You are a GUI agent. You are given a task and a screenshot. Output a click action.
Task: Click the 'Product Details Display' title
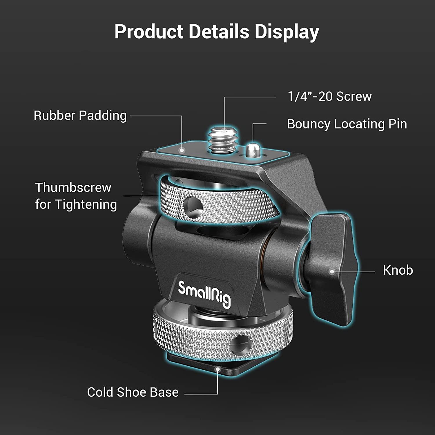(217, 31)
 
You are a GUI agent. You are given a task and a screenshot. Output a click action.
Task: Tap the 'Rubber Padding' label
(80, 115)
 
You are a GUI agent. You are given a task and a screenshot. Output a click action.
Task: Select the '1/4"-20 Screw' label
(329, 96)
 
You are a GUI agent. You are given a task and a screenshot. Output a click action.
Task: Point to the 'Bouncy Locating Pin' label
(347, 124)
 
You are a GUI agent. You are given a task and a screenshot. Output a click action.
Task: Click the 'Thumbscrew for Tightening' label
(76, 196)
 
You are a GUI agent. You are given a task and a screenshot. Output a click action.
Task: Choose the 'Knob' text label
(398, 270)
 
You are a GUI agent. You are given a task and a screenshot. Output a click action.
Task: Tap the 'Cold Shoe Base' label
(133, 392)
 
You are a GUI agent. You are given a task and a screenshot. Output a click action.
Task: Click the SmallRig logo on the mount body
(205, 293)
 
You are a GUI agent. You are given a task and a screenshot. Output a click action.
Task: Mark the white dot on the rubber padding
(182, 150)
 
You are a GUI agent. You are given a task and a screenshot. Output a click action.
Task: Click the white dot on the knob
(332, 272)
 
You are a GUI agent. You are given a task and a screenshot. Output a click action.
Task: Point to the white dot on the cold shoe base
(217, 369)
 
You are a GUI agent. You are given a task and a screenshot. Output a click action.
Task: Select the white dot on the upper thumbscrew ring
(168, 196)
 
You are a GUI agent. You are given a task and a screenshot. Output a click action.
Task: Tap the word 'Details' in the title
(219, 31)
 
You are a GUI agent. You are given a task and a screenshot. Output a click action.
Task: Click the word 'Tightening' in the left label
(86, 204)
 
